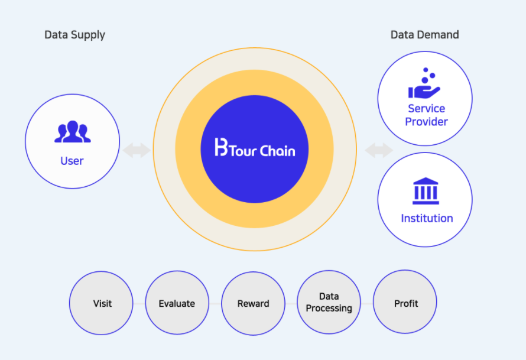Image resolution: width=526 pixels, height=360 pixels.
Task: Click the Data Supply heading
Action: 74,35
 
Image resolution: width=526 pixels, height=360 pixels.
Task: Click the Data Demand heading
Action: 424,35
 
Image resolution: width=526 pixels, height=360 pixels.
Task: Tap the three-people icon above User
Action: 72,132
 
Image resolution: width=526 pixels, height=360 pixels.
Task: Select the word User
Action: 72,161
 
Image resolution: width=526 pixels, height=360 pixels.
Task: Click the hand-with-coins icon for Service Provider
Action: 424,84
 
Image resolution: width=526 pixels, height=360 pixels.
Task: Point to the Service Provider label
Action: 427,115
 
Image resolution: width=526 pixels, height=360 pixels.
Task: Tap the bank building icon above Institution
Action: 426,191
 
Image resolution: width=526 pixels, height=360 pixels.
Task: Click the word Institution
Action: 427,218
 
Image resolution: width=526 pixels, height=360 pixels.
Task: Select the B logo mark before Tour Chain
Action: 222,148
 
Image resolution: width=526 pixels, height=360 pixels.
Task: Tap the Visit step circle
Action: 102,304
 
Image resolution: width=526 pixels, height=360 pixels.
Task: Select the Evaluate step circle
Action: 177,304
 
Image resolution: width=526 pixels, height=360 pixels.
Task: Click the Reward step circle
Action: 253,304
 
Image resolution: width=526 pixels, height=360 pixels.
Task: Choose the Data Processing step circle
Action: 329,303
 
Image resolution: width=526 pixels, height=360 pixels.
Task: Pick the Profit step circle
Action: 405,303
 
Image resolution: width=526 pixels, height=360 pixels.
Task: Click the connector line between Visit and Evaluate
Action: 139,304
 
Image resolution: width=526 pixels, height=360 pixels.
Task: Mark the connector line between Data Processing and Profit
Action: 367,304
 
